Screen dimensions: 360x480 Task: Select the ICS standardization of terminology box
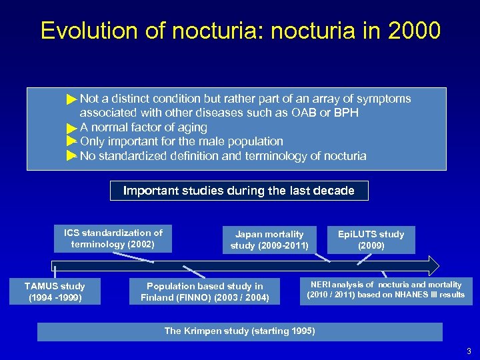tap(113, 239)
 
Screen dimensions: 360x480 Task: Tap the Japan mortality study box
tap(269, 240)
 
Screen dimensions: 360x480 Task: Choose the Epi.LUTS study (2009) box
tap(371, 240)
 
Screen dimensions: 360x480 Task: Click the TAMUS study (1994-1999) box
tap(55, 291)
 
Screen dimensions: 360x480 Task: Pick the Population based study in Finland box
tap(205, 292)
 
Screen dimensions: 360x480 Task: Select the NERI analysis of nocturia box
tap(385, 290)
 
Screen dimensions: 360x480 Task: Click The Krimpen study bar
tap(239, 331)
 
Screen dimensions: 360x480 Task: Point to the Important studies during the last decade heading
tap(239, 191)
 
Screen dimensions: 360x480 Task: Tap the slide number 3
tap(469, 351)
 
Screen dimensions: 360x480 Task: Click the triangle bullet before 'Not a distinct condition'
tap(72, 99)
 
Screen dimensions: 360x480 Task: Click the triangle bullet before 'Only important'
tap(72, 141)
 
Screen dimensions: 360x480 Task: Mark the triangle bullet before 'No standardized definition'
tap(72, 156)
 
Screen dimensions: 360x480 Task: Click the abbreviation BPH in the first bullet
tap(345, 113)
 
